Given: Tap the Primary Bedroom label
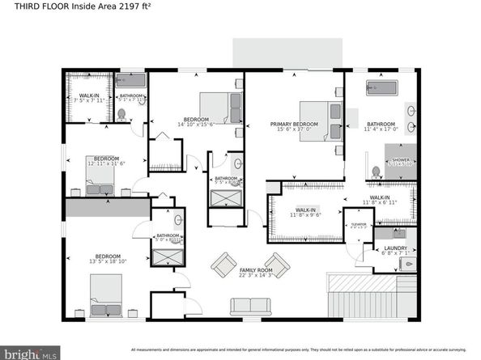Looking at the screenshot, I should [294, 125].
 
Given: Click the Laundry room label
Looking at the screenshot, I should [395, 249].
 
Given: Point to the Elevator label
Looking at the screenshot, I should [359, 226].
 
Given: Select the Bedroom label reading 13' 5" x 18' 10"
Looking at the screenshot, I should [106, 259].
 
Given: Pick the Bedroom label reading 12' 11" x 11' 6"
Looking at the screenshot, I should [106, 160].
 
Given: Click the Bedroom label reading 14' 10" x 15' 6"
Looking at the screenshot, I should [197, 121].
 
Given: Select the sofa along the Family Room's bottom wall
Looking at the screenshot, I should [250, 307].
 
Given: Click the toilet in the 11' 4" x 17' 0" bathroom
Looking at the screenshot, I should [375, 172].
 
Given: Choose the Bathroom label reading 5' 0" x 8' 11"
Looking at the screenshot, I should [168, 238].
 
